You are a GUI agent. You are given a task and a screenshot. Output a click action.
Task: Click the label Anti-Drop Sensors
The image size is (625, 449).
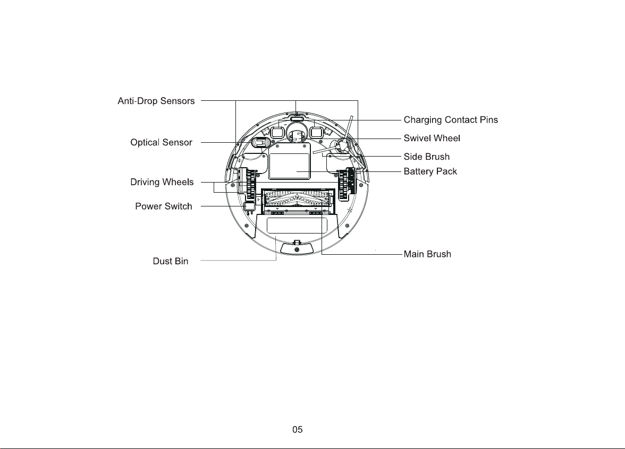point(156,101)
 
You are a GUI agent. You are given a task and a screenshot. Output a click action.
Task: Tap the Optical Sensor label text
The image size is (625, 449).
point(161,142)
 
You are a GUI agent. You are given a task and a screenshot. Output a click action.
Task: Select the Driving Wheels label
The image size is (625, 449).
point(162,182)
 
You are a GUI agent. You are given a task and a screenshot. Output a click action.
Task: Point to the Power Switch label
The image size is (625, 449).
point(164,206)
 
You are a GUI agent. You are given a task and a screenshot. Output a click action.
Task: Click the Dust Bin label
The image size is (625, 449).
point(171,261)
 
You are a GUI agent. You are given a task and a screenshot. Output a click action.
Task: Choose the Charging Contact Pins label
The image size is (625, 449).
point(451,120)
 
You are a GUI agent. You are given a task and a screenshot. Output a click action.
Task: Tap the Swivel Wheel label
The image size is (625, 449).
point(432,138)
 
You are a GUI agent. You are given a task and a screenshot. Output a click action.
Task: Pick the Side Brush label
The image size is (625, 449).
point(426,157)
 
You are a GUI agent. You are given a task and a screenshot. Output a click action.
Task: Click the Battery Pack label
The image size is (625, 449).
point(430,171)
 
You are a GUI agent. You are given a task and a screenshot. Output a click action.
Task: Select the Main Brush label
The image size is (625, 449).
point(427,254)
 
